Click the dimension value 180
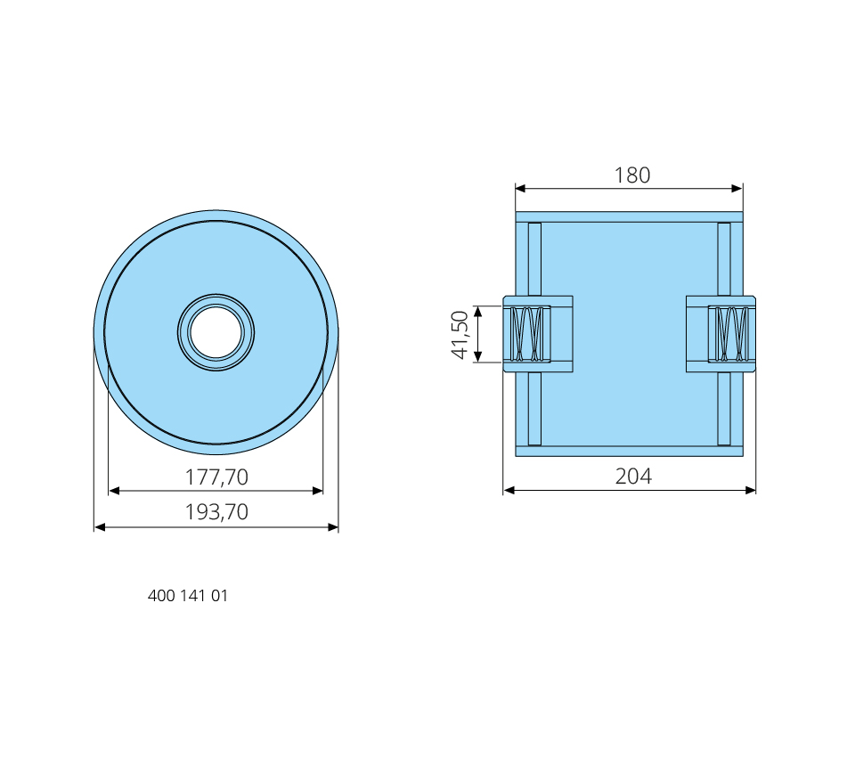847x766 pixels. [x=632, y=175]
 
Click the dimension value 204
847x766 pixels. [x=633, y=477]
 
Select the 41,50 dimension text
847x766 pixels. [x=460, y=334]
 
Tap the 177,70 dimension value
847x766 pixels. [x=216, y=477]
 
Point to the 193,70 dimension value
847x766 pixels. [x=216, y=512]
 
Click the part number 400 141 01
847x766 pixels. [x=188, y=596]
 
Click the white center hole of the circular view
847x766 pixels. [x=216, y=333]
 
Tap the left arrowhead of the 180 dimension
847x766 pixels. [x=521, y=189]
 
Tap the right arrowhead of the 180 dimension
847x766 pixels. [x=737, y=189]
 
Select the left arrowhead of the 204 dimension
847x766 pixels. [x=509, y=491]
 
